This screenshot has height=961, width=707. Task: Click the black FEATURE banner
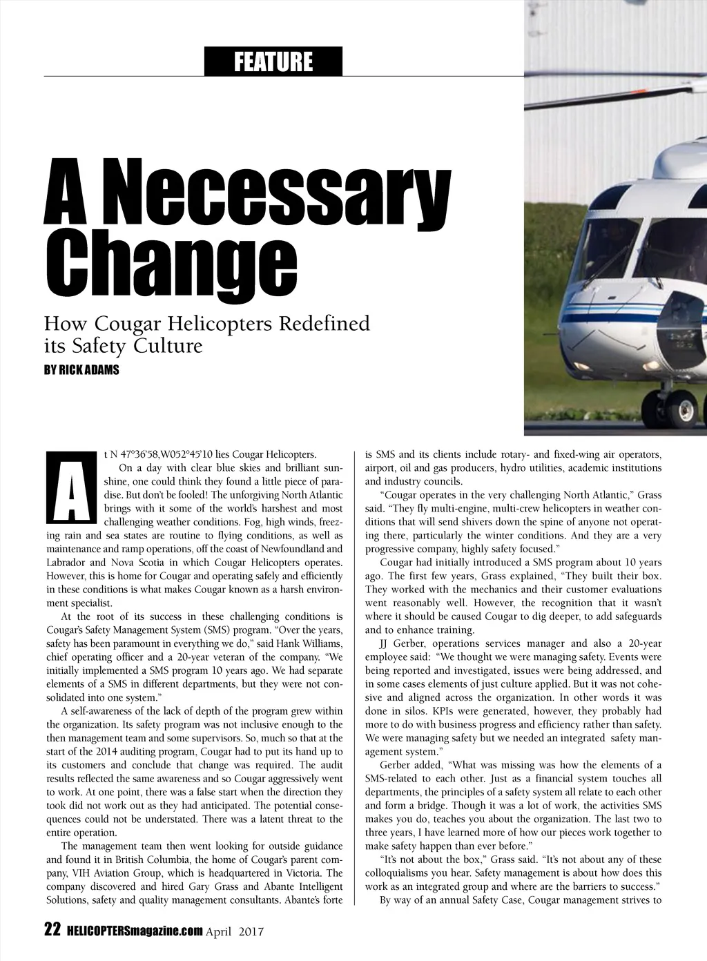273,62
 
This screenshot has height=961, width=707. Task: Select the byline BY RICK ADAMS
81,370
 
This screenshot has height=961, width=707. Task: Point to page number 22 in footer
52,931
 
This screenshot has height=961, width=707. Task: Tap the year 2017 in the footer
251,931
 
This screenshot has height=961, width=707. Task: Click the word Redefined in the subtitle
323,323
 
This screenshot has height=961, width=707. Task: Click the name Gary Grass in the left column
231,886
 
